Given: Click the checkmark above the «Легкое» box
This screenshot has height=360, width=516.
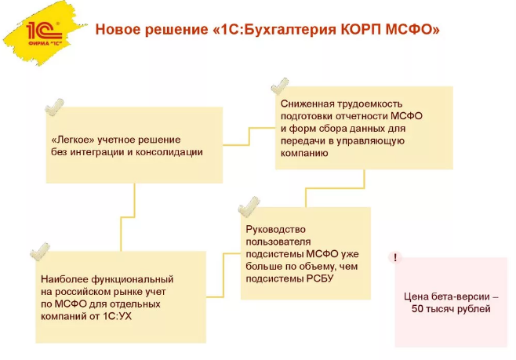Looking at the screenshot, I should (x=53, y=105).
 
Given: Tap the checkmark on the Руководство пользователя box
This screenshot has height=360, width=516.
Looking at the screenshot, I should (x=249, y=205).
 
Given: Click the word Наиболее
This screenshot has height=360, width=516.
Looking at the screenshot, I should (x=64, y=279).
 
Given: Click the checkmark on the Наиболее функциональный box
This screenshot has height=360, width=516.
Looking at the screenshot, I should (x=39, y=252).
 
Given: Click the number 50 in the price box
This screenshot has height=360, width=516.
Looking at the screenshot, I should (x=419, y=311).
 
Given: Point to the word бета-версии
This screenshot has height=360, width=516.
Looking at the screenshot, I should (x=466, y=298).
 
